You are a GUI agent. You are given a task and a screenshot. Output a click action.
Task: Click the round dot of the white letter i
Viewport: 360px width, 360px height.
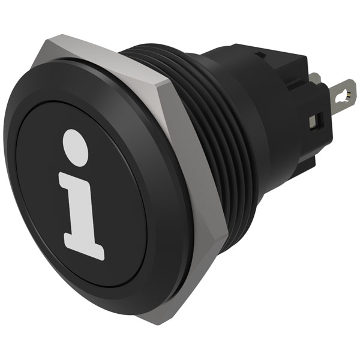coord(75,147)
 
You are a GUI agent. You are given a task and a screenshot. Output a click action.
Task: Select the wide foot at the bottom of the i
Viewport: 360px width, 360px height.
coord(85,246)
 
